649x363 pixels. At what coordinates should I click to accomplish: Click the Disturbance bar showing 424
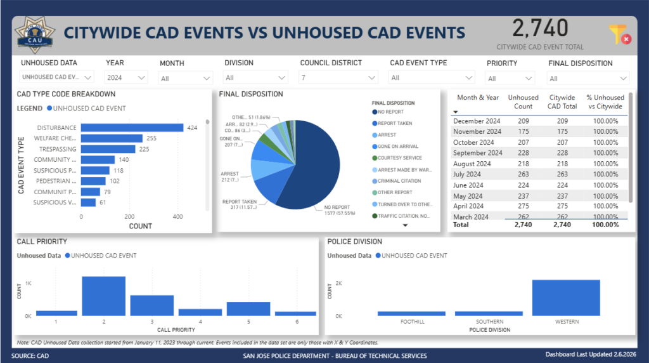point(132,128)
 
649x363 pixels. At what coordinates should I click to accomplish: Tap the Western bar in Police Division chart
point(566,298)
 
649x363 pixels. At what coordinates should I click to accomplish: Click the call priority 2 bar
point(103,296)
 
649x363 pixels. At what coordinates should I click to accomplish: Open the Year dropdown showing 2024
point(127,77)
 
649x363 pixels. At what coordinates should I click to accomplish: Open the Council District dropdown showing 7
point(338,77)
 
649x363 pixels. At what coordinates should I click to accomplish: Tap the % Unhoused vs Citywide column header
point(605,102)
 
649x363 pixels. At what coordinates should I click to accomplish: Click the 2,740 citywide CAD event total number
point(540,29)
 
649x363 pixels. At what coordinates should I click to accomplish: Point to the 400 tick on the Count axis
point(178,216)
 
